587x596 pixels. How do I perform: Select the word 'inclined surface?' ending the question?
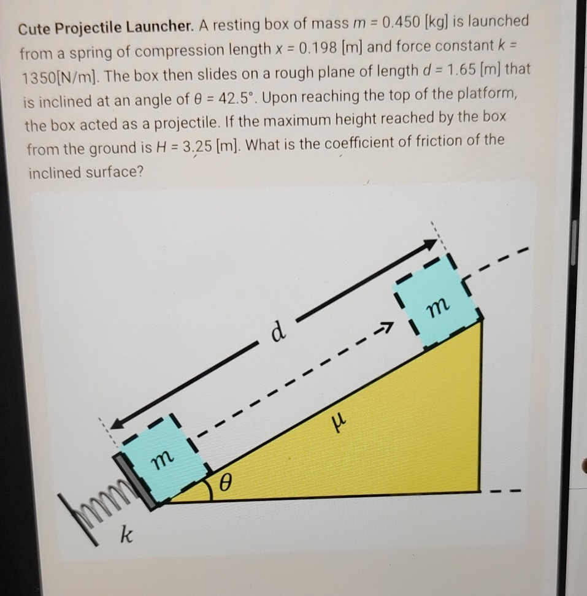[x=86, y=173]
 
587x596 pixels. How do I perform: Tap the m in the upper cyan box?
[x=439, y=305]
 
